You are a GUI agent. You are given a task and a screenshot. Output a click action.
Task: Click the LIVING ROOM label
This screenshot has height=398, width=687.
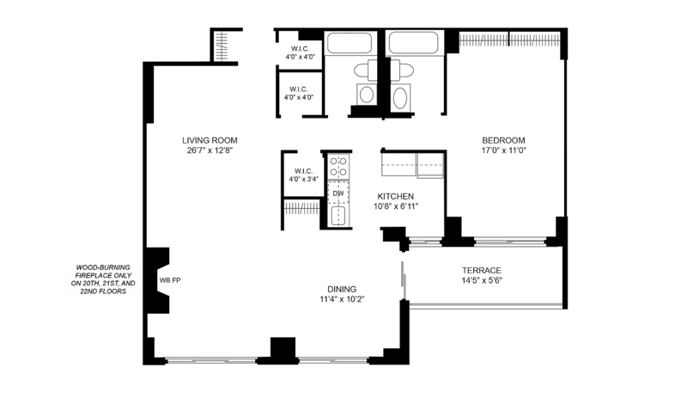click(210, 140)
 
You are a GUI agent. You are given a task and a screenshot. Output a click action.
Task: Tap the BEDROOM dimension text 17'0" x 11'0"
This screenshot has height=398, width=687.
click(503, 150)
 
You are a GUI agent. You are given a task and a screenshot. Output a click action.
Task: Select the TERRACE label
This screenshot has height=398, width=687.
click(482, 270)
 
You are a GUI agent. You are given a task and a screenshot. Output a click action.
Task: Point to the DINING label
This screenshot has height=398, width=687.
click(342, 289)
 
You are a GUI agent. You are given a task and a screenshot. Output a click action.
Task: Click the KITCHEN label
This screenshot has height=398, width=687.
click(396, 196)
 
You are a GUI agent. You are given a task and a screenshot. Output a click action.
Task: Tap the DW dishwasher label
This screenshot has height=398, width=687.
click(337, 193)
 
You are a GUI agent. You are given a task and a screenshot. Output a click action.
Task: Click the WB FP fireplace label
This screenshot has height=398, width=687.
click(170, 280)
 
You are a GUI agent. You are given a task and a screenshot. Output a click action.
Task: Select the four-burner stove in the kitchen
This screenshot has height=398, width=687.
click(338, 166)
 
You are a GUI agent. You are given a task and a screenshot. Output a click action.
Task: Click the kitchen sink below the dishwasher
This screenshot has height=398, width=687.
click(338, 216)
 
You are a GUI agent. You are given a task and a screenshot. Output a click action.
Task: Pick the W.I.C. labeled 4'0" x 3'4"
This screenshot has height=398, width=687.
click(304, 175)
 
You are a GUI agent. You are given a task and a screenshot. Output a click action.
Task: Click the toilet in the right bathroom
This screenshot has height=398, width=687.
click(401, 70)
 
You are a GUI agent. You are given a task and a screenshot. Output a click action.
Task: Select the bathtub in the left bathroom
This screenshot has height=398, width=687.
click(350, 43)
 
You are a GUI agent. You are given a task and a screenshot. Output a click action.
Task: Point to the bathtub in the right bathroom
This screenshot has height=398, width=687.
click(413, 43)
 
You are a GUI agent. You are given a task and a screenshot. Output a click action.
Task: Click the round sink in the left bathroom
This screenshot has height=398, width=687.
click(367, 95)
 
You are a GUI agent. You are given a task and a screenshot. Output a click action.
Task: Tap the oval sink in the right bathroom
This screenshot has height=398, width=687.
click(400, 97)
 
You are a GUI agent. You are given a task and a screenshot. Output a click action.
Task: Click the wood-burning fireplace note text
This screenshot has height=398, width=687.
click(103, 279)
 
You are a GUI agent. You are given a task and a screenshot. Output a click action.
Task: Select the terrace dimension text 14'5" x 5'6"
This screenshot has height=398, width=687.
click(482, 280)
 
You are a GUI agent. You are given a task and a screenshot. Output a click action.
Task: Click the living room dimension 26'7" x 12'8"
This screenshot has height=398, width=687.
click(210, 150)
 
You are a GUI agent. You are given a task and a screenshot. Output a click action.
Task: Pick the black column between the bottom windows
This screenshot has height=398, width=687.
click(283, 349)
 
